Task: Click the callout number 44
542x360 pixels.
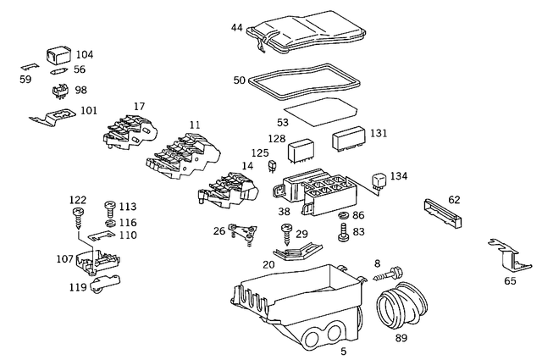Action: tap(236, 28)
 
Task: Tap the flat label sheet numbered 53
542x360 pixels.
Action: tap(318, 108)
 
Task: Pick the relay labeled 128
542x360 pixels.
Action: tap(302, 152)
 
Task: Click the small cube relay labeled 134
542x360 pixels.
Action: tap(381, 180)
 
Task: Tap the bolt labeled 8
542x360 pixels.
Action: tap(391, 274)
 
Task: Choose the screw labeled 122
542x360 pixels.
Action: tap(78, 216)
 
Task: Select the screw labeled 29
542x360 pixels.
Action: tap(286, 232)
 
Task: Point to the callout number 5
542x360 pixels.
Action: tap(343, 351)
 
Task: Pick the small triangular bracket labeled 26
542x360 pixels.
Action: tap(246, 231)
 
